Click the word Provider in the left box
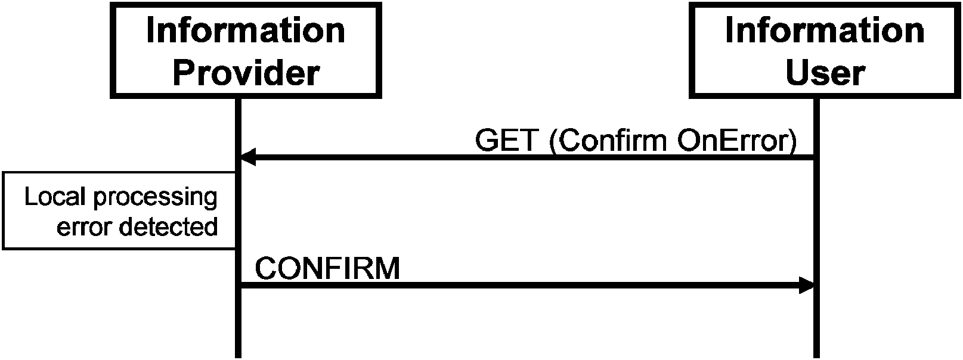pyautogui.click(x=246, y=73)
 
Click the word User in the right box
pyautogui.click(x=825, y=73)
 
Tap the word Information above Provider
pyautogui.click(x=246, y=30)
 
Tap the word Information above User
pyautogui.click(x=825, y=30)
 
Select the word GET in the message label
pyautogui.click(x=507, y=140)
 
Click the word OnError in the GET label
pyautogui.click(x=732, y=140)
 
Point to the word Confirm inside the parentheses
pyautogui.click(x=612, y=140)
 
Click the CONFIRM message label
pyautogui.click(x=327, y=268)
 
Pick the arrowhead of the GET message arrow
pyautogui.click(x=247, y=157)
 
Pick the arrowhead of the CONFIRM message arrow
pyautogui.click(x=807, y=285)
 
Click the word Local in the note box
pyautogui.click(x=55, y=197)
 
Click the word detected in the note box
pyautogui.click(x=169, y=226)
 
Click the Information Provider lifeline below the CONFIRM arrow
pyautogui.click(x=239, y=323)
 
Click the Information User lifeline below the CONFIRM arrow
pyautogui.click(x=817, y=323)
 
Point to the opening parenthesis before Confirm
pyautogui.click(x=554, y=141)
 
